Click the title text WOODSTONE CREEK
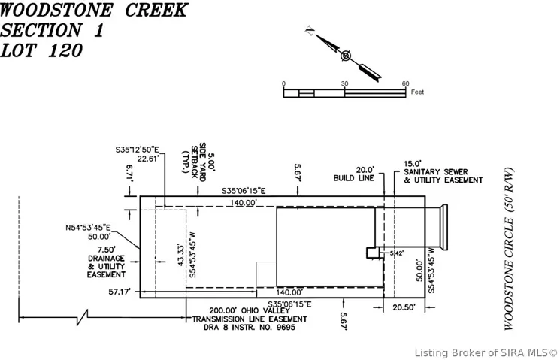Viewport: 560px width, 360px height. (95, 11)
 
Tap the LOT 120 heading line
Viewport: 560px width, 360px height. (41, 51)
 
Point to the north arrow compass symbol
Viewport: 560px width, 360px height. (345, 55)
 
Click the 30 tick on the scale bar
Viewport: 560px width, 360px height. (344, 83)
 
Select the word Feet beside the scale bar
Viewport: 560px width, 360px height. (418, 92)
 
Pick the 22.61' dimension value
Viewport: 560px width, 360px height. (147, 158)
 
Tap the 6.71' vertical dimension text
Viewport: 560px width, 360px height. (129, 171)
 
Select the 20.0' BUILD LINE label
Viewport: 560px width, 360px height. (354, 174)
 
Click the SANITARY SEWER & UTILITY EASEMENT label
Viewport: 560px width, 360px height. (443, 172)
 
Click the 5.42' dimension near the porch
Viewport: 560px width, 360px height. (396, 254)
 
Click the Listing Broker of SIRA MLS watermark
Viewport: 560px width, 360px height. (486, 352)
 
